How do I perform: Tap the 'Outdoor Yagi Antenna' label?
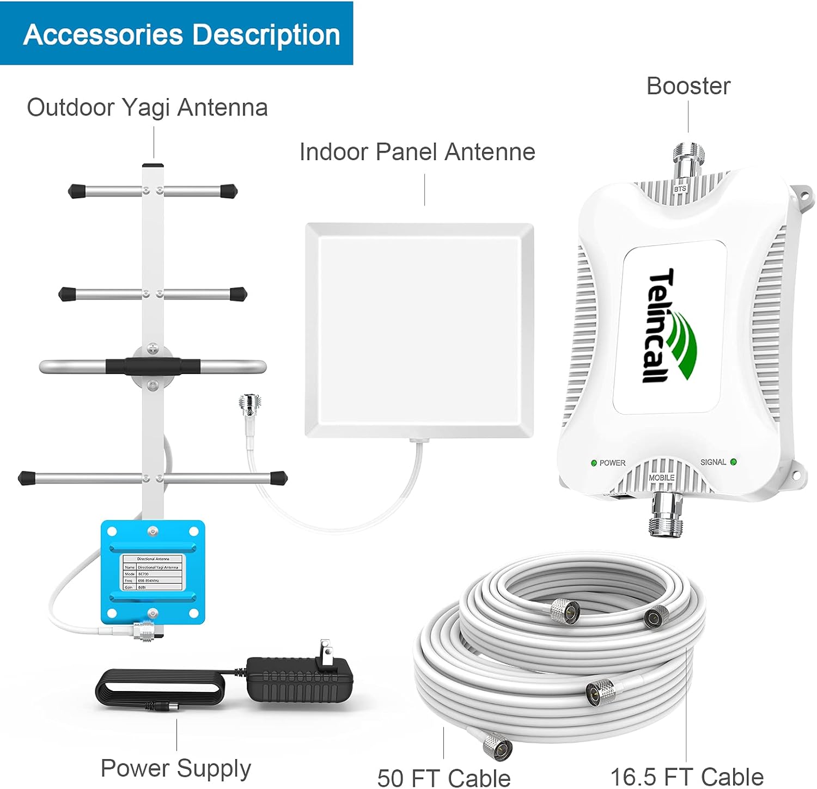pos(147,107)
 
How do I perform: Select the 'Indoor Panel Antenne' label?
pos(417,152)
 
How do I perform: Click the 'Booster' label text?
pos(688,86)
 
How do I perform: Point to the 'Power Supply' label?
pos(175,768)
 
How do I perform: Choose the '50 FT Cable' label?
pos(443,777)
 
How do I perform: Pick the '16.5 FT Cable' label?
pos(686,777)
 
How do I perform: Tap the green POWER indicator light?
pos(594,463)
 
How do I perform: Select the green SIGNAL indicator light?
pos(733,462)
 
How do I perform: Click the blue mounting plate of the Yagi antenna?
pos(153,572)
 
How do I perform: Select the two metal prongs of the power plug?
pos(326,650)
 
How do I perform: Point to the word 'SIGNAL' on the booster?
pos(713,462)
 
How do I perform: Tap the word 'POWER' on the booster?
pos(612,463)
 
